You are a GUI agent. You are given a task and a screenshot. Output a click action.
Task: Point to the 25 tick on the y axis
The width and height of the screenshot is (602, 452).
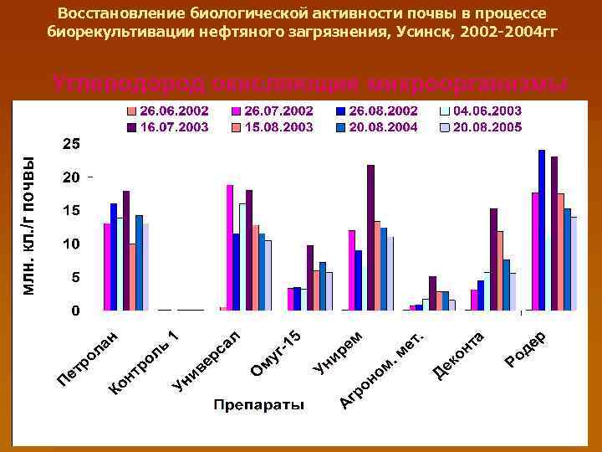(x=72, y=144)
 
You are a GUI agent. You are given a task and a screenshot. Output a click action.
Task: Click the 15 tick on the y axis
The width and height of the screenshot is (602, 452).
(x=72, y=211)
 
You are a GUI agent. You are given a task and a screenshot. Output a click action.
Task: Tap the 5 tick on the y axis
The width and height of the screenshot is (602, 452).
(x=75, y=277)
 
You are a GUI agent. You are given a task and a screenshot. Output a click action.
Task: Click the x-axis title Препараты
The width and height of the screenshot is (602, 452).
(x=258, y=405)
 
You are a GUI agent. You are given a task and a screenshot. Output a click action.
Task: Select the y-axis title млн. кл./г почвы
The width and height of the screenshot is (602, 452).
(x=28, y=226)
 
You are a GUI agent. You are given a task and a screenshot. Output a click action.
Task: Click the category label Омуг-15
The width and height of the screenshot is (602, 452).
(x=275, y=352)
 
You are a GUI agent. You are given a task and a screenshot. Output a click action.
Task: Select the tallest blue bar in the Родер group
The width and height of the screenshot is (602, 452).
(x=542, y=229)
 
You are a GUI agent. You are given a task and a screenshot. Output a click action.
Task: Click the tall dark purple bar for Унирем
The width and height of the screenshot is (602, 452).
(x=370, y=237)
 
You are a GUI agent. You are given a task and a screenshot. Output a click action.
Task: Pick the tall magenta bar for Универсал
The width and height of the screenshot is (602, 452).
(x=230, y=247)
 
